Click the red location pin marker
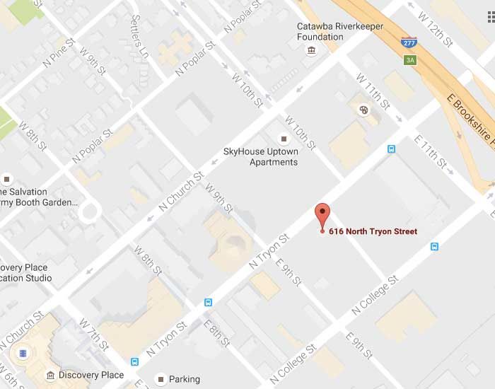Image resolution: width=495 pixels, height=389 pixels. (322, 214)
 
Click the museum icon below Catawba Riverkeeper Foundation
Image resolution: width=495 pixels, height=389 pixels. (311, 50)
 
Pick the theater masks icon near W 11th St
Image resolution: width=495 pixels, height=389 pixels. (363, 110)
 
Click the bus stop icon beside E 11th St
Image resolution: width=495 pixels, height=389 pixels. (391, 149)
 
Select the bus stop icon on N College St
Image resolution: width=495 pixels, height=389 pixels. (434, 246)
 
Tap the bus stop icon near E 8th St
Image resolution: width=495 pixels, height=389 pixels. (208, 302)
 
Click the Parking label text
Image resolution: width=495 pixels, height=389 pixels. (184, 379)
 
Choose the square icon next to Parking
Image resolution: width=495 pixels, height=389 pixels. (161, 379)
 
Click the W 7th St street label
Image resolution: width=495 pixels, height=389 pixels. (93, 334)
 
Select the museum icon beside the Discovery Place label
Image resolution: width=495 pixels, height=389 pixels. (50, 375)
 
